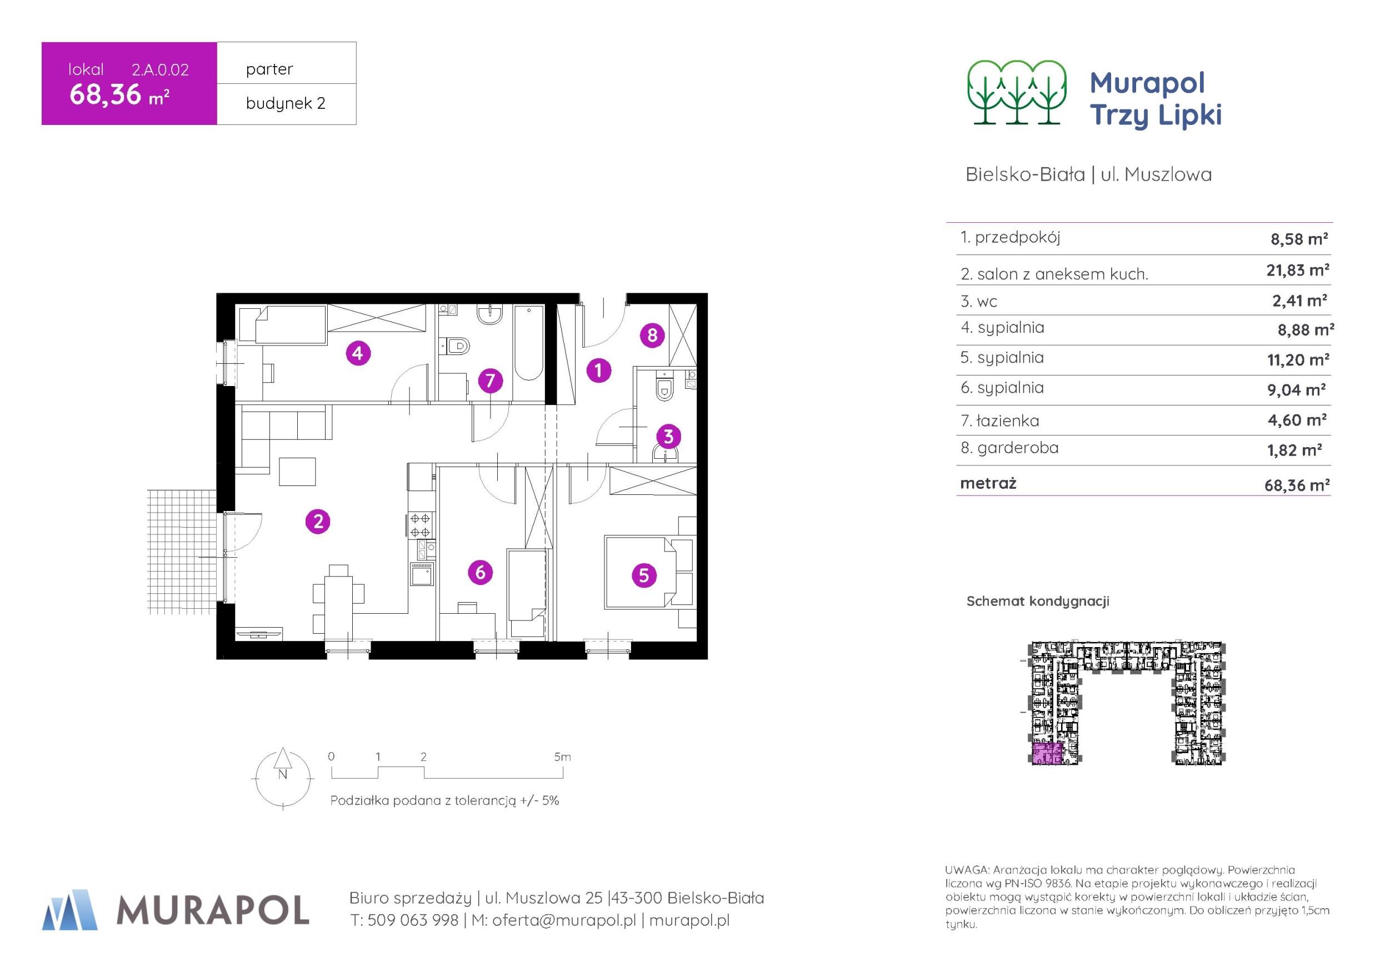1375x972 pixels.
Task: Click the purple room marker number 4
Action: coord(358,353)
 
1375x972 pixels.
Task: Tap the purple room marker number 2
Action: coord(318,521)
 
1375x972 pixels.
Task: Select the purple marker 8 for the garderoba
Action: coord(652,335)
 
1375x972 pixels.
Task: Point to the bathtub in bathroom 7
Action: coord(528,342)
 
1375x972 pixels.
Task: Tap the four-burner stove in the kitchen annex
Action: coord(421,525)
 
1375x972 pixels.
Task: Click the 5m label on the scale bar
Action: coord(562,757)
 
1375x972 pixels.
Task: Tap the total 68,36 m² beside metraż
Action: coord(1297,484)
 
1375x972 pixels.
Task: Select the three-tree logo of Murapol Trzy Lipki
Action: coord(1017,92)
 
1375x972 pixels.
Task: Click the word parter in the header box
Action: coord(269,69)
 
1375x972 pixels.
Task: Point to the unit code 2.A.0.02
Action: coord(161,69)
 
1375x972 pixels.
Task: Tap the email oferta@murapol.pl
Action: coord(563,920)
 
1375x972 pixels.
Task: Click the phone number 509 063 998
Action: coord(413,920)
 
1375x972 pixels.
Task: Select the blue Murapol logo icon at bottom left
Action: coord(69,910)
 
